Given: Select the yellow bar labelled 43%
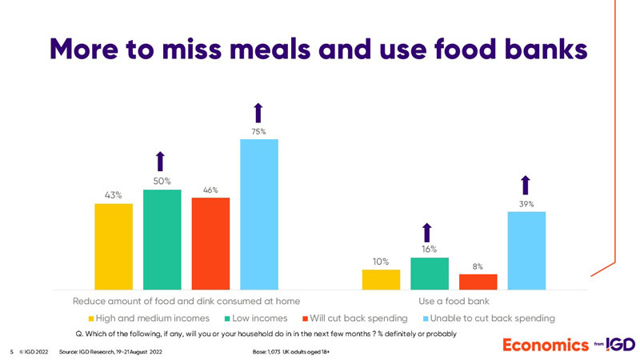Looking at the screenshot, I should pos(114,246).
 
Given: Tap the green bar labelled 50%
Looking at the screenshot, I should pos(162,239).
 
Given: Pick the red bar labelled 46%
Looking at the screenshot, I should pos(210,243).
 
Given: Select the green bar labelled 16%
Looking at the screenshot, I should pos(430,274).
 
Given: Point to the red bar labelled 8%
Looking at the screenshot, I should pos(478,282).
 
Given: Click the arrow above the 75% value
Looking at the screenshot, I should pos(258,113).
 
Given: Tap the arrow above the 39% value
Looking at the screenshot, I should pos(526,185).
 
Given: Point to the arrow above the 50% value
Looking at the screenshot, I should pos(160,162).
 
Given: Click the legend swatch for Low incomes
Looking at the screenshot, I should pos(226,318).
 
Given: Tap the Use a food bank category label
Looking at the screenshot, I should pos(454,301).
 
